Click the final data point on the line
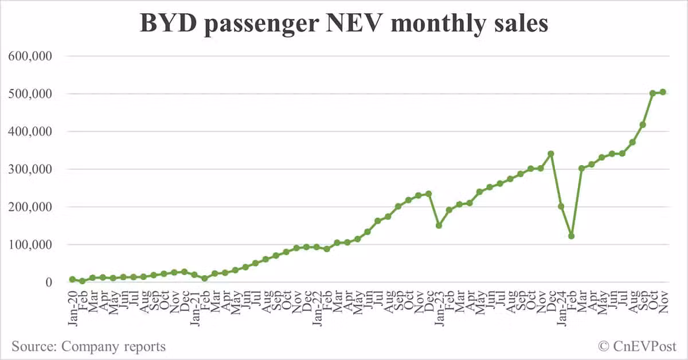click(x=663, y=92)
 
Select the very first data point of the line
click(x=72, y=279)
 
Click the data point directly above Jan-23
click(x=439, y=225)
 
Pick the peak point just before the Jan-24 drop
click(x=551, y=154)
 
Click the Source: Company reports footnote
click(x=88, y=346)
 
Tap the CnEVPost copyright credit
click(x=637, y=346)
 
